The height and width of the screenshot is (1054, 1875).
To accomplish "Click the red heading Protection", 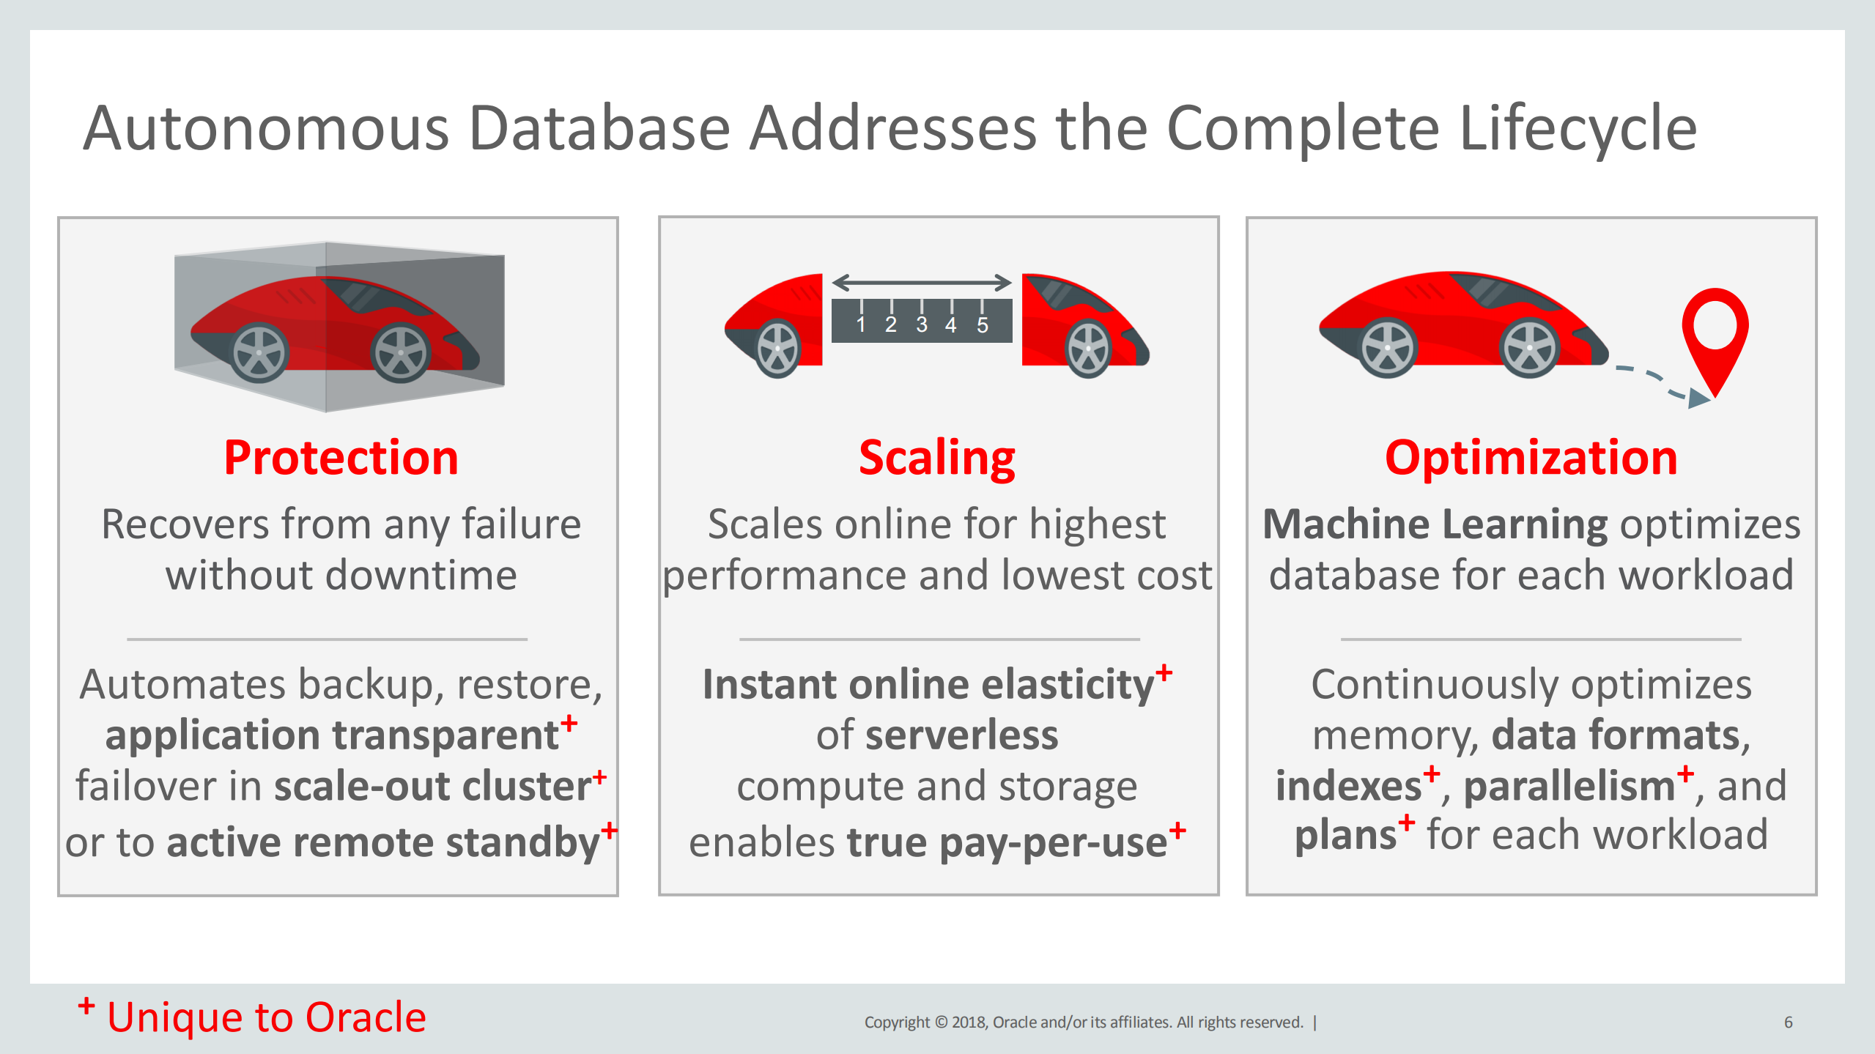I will (341, 459).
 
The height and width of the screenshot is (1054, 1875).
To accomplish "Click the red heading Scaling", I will (936, 459).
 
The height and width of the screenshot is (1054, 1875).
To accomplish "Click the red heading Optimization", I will (1531, 459).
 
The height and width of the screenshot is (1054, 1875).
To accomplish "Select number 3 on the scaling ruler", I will (921, 324).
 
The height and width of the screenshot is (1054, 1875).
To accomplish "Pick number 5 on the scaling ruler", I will (982, 324).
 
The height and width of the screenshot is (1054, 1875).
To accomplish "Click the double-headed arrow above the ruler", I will (921, 282).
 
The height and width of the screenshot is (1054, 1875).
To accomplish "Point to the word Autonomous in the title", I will (265, 129).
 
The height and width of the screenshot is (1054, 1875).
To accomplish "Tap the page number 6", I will (1788, 1022).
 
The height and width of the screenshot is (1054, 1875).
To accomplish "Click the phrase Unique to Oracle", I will (266, 1017).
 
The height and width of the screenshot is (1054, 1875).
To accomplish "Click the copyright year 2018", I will (969, 1022).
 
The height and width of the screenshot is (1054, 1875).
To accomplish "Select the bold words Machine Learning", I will (1435, 524).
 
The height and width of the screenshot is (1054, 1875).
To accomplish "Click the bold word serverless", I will (961, 735).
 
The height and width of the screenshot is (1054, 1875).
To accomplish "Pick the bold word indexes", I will (1348, 786).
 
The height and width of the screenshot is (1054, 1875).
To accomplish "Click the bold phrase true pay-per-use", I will (1007, 842).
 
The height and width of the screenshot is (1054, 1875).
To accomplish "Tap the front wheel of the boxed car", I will (400, 353).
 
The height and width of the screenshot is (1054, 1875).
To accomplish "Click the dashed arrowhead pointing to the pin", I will (1698, 398).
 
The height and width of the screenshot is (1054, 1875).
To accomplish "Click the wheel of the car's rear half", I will (777, 349).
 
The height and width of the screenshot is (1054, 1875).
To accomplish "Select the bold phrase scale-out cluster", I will (432, 786).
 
